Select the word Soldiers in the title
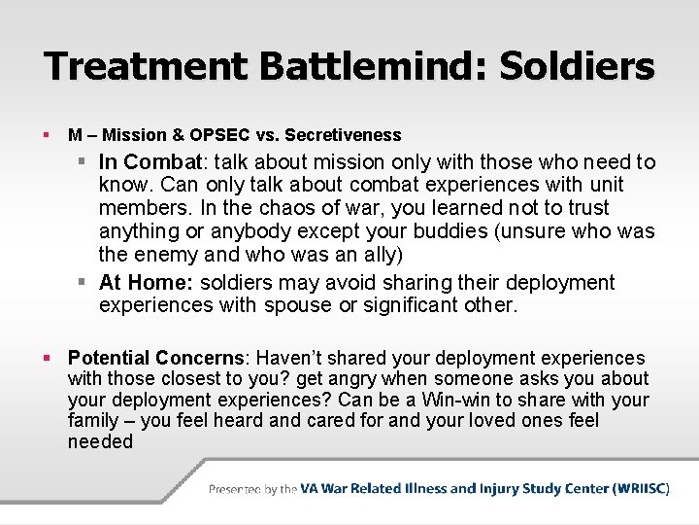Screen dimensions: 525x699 tap(577, 66)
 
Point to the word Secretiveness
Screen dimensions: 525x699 tap(346, 135)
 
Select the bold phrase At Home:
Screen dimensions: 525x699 tap(142, 283)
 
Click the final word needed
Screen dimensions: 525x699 tap(100, 441)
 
